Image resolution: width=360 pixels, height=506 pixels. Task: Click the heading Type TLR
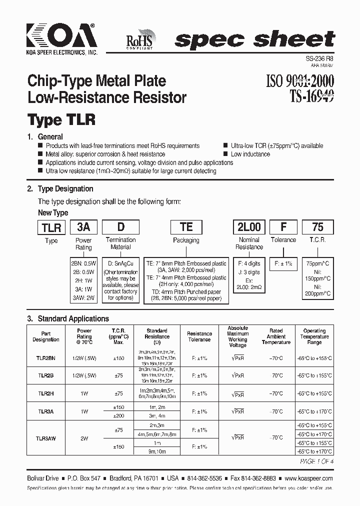[61, 120]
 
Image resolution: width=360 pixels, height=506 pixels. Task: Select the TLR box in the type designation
[51, 227]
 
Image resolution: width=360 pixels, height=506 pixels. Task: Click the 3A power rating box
[83, 227]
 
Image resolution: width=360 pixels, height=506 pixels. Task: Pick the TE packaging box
[186, 227]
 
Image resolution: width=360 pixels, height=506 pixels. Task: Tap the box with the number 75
[317, 227]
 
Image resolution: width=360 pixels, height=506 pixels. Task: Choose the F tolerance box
[283, 227]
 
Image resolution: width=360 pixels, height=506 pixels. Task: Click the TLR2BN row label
[46, 358]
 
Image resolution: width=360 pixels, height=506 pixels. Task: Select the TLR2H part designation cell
[46, 393]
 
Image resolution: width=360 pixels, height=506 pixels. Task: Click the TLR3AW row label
[46, 438]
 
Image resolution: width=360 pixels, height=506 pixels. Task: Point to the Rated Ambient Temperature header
[276, 336]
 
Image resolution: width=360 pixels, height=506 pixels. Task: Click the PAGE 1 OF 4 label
[316, 461]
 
